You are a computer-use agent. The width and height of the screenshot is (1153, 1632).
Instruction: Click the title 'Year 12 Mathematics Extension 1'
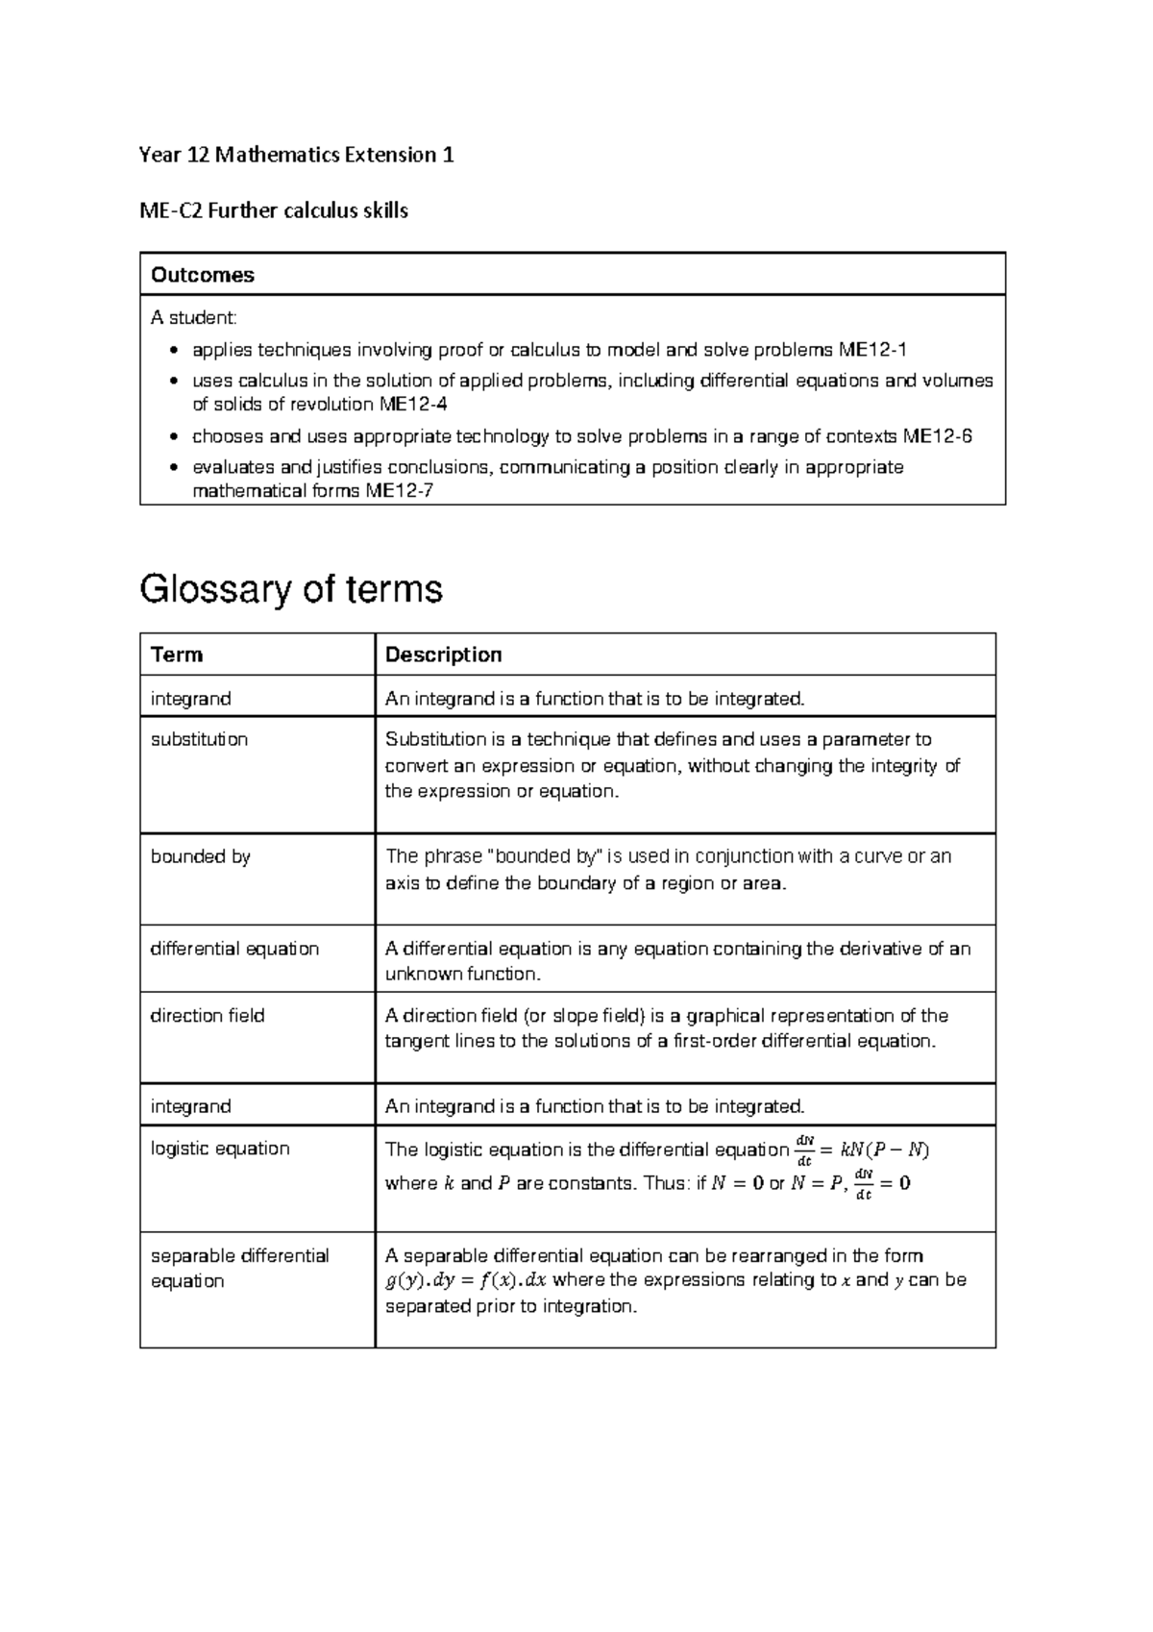(296, 155)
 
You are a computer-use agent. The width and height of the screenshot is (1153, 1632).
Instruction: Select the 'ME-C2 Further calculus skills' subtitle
(274, 210)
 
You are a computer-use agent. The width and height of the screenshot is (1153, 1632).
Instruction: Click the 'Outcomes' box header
(203, 275)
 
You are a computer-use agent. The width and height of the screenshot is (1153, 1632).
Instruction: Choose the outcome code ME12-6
(938, 436)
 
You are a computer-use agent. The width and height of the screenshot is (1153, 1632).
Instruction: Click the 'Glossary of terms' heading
(291, 588)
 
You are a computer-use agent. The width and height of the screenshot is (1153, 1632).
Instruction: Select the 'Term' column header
(177, 655)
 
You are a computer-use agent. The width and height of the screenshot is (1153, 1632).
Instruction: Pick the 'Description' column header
(443, 655)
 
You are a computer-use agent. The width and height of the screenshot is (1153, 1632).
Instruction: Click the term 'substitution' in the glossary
(199, 739)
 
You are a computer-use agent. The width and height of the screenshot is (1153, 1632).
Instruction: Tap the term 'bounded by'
(200, 856)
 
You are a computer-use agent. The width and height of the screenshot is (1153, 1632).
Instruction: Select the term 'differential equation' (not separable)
(234, 949)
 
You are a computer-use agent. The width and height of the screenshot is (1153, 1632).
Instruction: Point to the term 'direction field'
(208, 1016)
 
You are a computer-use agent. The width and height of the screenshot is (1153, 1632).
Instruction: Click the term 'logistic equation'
(220, 1149)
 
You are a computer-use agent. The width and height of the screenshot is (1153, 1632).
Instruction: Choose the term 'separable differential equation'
(239, 1268)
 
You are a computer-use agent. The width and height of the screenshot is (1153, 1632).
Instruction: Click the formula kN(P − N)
(884, 1149)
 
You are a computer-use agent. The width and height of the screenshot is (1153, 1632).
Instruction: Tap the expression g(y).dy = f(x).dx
(466, 1280)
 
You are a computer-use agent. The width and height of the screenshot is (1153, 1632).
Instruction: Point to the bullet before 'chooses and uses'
(172, 437)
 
